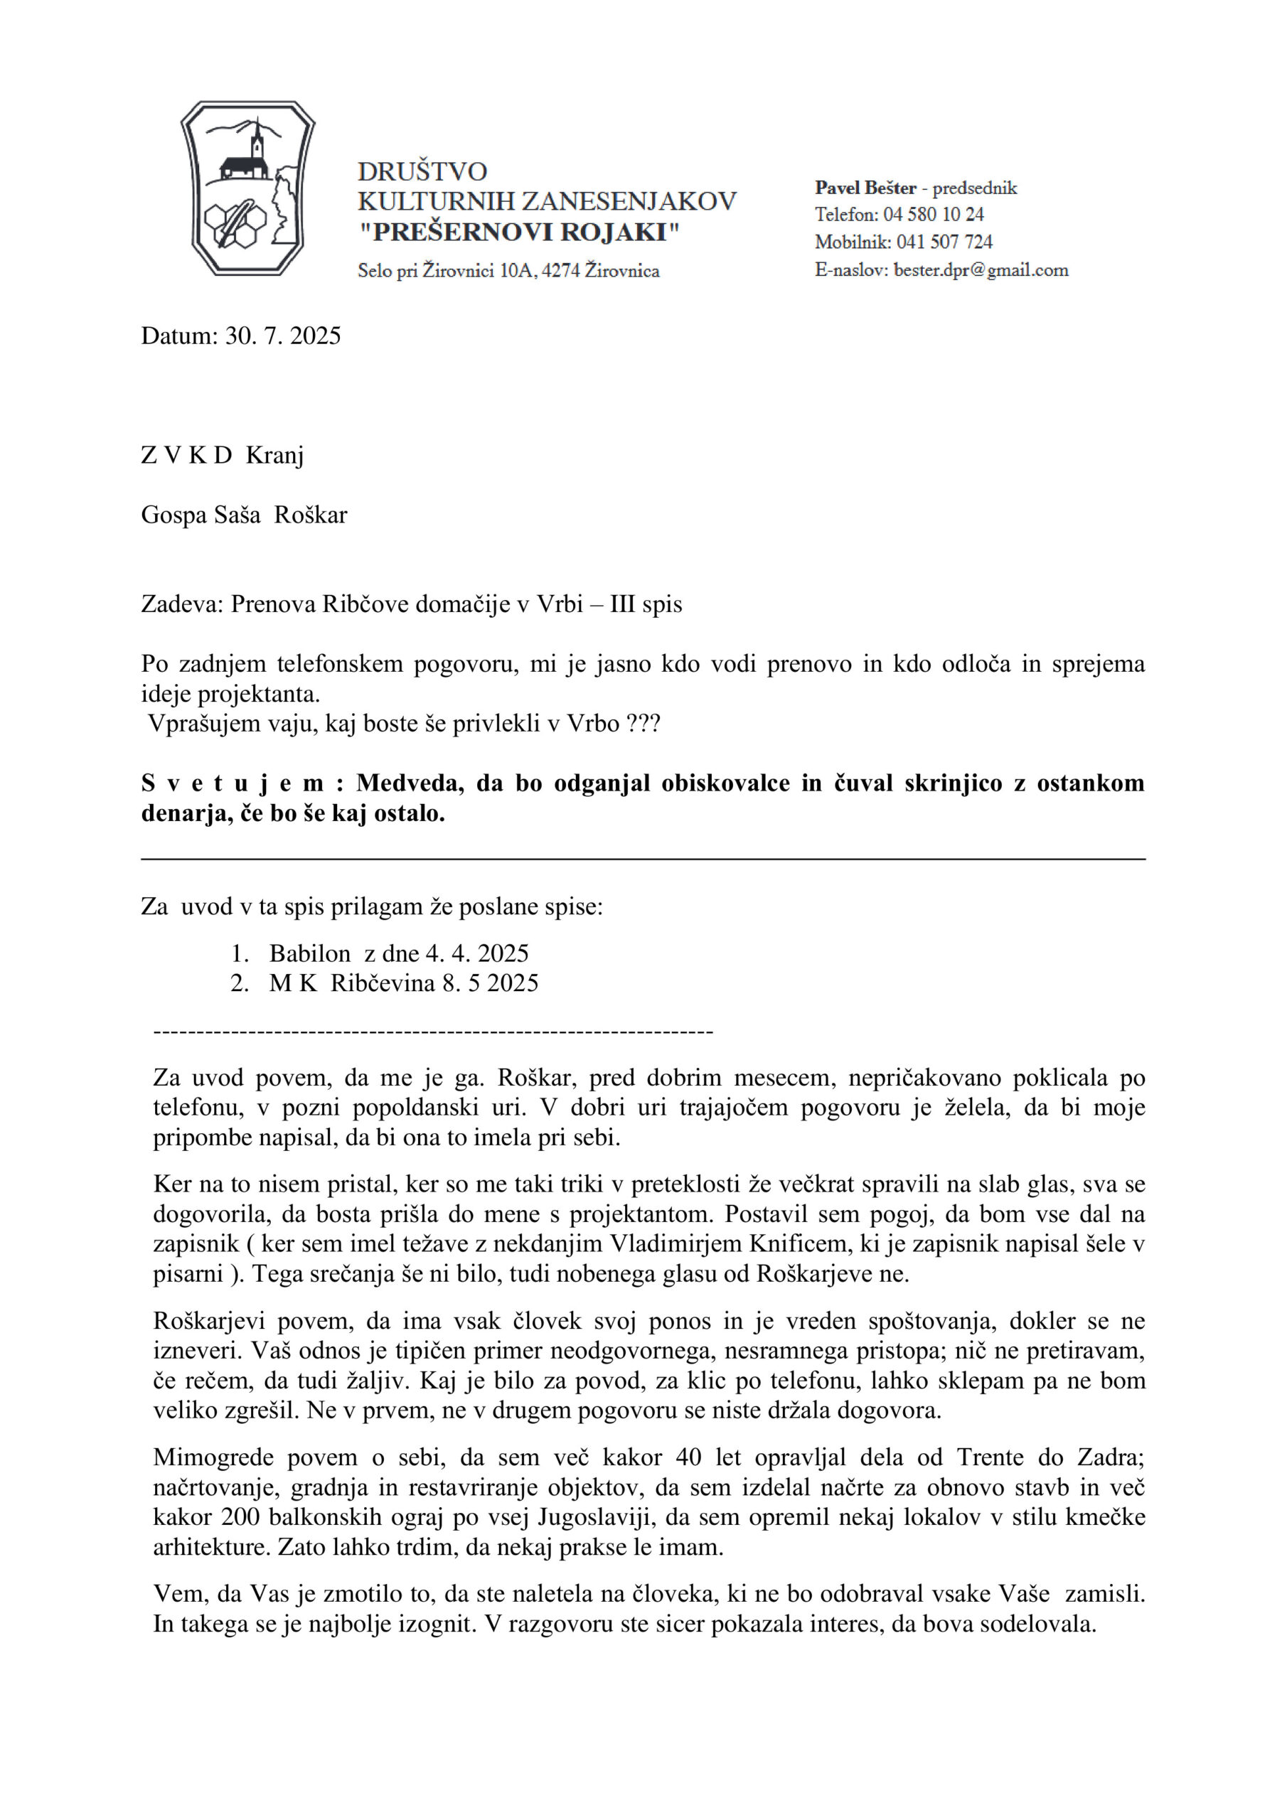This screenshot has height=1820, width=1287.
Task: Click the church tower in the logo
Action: (x=257, y=143)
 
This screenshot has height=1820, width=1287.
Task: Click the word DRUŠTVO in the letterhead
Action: (x=422, y=171)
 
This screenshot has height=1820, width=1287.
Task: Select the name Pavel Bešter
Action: (x=865, y=188)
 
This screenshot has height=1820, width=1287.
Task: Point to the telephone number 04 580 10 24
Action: (x=934, y=214)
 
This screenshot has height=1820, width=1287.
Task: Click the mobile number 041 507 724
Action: (x=944, y=242)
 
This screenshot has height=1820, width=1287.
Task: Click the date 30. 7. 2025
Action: (x=283, y=336)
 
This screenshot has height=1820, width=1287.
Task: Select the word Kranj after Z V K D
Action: (x=274, y=455)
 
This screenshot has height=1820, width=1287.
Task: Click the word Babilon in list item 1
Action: (x=309, y=953)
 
